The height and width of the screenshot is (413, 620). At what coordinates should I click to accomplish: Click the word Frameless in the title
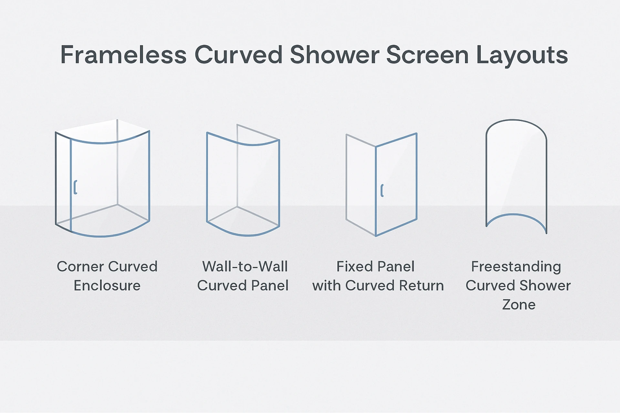[x=123, y=55]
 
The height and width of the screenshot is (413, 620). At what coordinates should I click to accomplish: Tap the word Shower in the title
[x=334, y=55]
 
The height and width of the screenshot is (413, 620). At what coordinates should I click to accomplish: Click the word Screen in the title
[x=427, y=55]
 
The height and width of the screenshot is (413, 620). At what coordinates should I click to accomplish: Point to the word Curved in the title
[x=239, y=55]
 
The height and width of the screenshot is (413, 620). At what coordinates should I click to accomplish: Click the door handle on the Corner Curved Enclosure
[x=75, y=187]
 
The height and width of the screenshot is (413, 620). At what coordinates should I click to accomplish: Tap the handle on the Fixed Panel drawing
[x=382, y=190]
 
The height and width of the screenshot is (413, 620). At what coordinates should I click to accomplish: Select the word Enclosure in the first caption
[x=107, y=286]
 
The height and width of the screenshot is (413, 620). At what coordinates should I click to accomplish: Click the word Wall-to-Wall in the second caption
[x=245, y=267]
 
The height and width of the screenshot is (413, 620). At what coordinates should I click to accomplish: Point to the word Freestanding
[x=516, y=267]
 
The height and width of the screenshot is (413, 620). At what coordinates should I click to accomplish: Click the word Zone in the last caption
[x=519, y=305]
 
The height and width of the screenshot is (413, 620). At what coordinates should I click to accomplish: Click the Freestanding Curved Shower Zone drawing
[x=516, y=174]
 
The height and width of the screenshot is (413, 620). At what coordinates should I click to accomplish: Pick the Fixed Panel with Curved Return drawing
[x=381, y=184]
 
